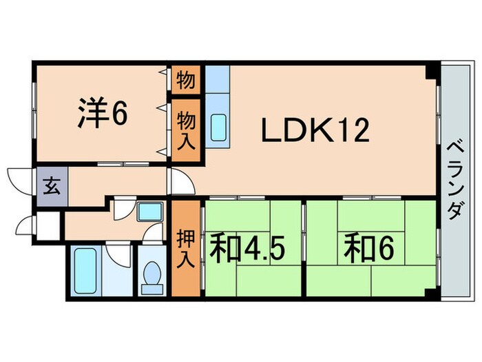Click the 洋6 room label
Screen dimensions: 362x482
pos(101,114)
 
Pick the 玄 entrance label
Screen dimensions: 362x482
pos(52,186)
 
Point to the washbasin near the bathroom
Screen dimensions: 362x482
pos(148,212)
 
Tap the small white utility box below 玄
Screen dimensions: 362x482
pos(49,225)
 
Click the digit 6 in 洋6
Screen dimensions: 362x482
pos(119,114)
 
